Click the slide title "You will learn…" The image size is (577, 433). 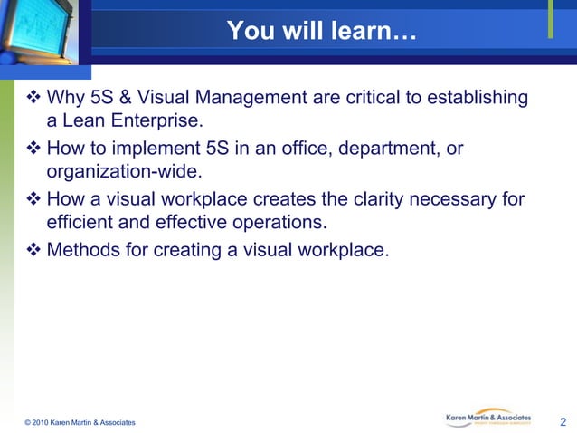pyautogui.click(x=321, y=31)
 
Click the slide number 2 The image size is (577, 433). pyautogui.click(x=563, y=421)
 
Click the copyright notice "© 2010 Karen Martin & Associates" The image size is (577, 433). pyautogui.click(x=80, y=423)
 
